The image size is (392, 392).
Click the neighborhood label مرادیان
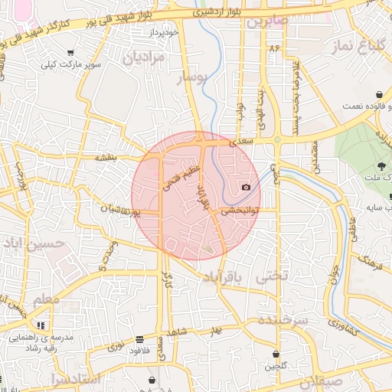tap(145, 56)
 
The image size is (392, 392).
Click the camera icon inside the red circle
tap(246, 188)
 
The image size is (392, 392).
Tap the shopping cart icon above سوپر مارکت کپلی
tap(70, 53)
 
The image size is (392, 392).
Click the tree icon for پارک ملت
tap(381, 165)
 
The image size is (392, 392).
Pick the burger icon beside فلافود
tap(139, 339)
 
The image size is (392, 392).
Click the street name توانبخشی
tap(241, 209)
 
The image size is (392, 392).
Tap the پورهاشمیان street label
tap(121, 208)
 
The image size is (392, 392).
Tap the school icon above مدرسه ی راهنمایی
tap(51, 325)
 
